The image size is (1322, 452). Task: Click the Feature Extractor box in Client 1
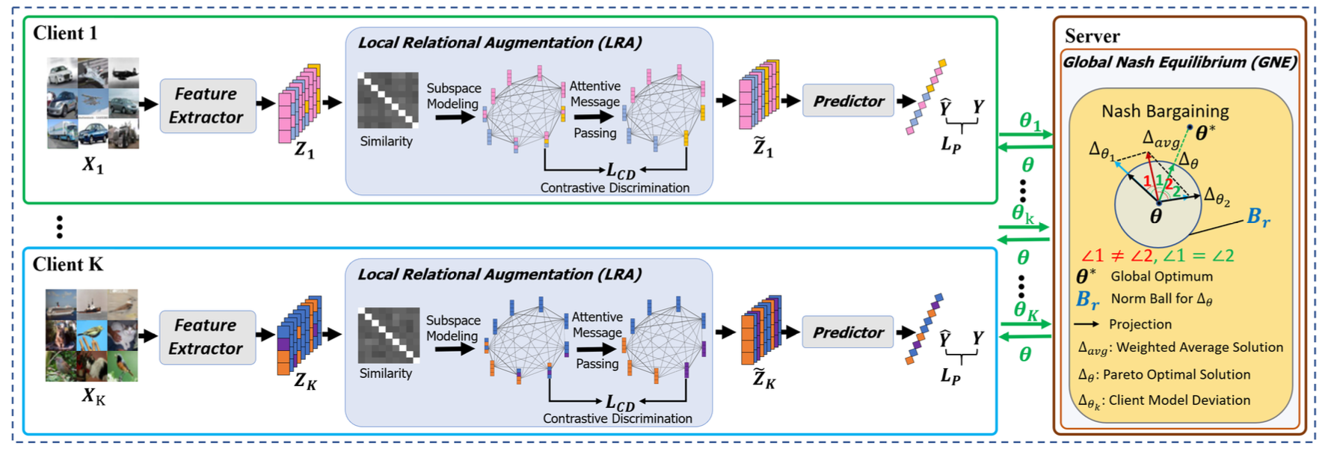pyautogui.click(x=207, y=106)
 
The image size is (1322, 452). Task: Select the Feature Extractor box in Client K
pyautogui.click(x=207, y=337)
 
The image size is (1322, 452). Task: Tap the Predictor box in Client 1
pyautogui.click(x=848, y=101)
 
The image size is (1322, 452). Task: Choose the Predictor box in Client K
pyautogui.click(x=848, y=332)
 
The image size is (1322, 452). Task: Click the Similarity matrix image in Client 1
pyautogui.click(x=387, y=100)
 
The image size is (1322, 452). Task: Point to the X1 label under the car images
pyautogui.click(x=93, y=165)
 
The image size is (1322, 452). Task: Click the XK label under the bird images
pyautogui.click(x=93, y=397)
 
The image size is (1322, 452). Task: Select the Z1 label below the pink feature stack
pyautogui.click(x=304, y=150)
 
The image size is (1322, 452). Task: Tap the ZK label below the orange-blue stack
pyautogui.click(x=305, y=382)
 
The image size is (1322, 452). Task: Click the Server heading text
pyautogui.click(x=1092, y=36)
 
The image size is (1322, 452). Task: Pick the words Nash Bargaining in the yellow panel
pyautogui.click(x=1165, y=112)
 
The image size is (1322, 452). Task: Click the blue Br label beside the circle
pyautogui.click(x=1258, y=218)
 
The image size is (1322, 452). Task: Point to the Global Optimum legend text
pyautogui.click(x=1161, y=276)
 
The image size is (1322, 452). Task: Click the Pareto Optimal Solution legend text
pyautogui.click(x=1176, y=374)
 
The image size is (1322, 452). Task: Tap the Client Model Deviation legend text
pyautogui.click(x=1179, y=400)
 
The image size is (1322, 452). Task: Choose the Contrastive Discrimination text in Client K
pyautogui.click(x=617, y=418)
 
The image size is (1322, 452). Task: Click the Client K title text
pyautogui.click(x=68, y=264)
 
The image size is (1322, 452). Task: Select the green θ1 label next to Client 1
pyautogui.click(x=1030, y=121)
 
